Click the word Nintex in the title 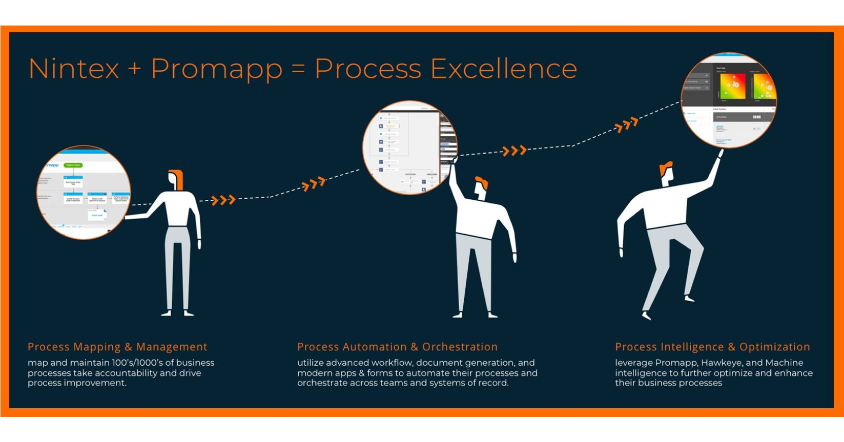pos(74,69)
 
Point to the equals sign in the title pos(298,70)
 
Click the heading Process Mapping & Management pos(117,347)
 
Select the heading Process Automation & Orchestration pos(397,347)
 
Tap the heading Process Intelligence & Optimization pos(712,347)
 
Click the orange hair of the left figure pos(177,177)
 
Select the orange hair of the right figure pos(666,168)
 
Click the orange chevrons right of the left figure pos(223,200)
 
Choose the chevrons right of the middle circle pos(514,151)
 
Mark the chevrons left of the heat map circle pos(626,124)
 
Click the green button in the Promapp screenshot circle pos(73,165)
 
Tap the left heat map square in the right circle pos(732,87)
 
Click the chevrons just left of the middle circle pos(314,184)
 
